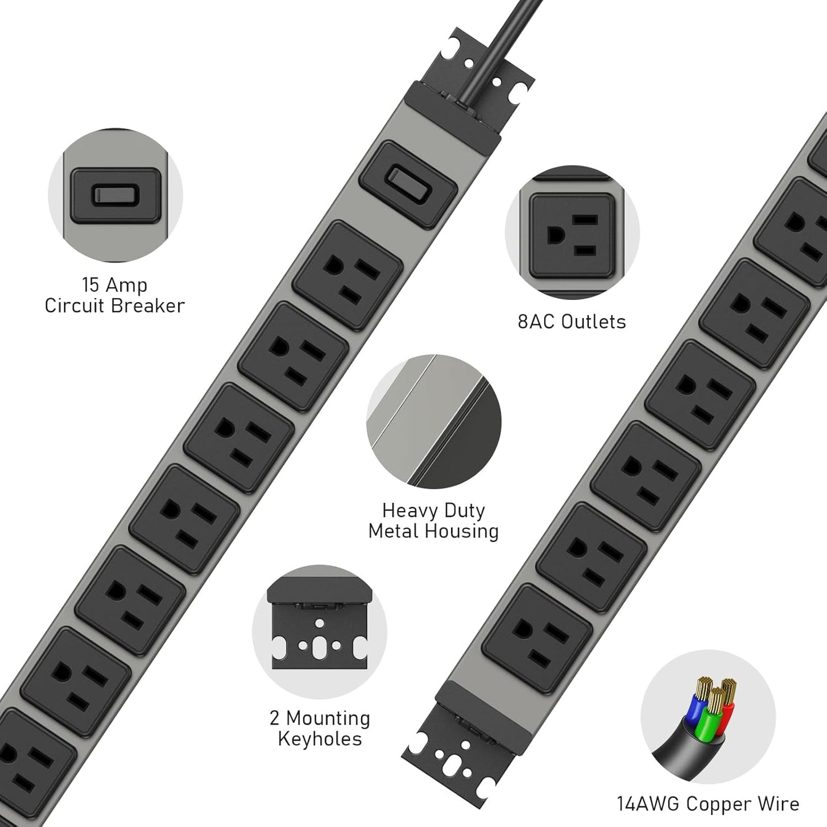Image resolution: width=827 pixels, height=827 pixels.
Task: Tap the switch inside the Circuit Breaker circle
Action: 115,196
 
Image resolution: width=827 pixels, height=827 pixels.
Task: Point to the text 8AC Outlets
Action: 571,322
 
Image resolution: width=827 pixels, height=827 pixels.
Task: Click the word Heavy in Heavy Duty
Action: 407,510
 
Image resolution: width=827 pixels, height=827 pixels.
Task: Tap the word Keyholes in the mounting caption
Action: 319,739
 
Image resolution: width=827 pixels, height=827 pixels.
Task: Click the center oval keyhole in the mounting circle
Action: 319,645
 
